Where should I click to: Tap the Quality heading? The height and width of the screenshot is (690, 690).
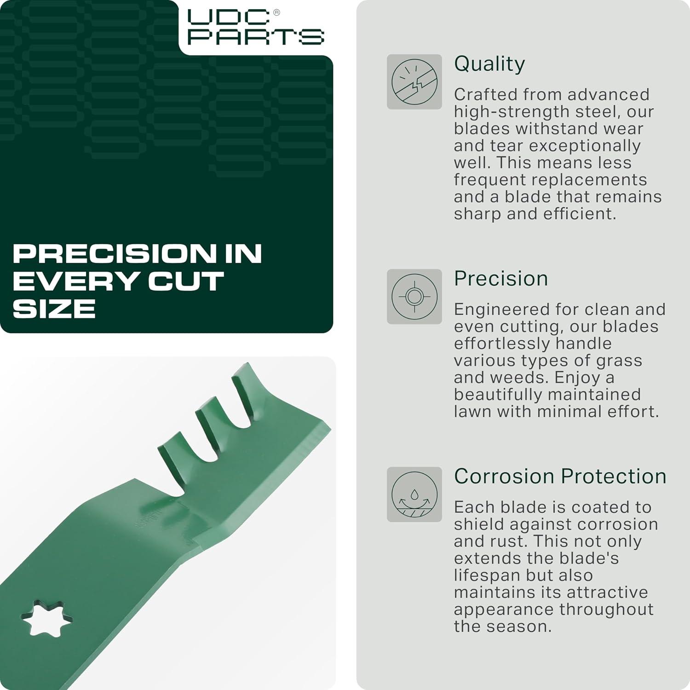pos(489,64)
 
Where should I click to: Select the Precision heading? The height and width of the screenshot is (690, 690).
pos(501,278)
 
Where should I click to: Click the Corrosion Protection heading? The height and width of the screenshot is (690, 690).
pos(560,476)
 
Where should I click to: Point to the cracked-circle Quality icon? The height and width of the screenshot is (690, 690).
pos(414,82)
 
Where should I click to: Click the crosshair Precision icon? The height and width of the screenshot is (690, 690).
pos(414,297)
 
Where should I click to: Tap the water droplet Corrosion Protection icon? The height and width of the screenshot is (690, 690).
pos(414,494)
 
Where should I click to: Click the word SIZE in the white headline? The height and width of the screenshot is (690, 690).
pos(54,309)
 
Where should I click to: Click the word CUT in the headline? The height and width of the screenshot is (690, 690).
pos(186,281)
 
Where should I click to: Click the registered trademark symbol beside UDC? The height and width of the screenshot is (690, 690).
pos(276,13)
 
